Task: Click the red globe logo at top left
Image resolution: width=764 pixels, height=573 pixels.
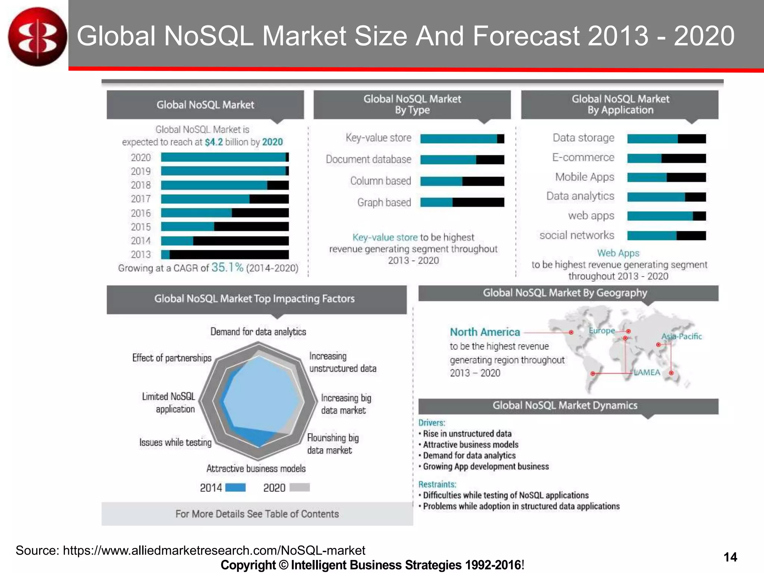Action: [37, 37]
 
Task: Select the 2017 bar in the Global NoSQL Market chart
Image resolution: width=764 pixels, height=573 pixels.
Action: [225, 199]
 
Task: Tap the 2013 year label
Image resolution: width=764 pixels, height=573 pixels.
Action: [141, 254]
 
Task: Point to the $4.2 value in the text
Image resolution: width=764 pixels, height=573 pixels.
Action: [214, 142]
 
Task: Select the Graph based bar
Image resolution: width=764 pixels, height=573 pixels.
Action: [462, 203]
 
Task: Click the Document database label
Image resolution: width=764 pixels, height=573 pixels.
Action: [368, 159]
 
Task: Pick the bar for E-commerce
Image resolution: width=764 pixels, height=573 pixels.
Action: [666, 158]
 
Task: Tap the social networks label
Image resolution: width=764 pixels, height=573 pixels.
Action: [576, 235]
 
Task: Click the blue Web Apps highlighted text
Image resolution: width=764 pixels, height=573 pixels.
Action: [618, 253]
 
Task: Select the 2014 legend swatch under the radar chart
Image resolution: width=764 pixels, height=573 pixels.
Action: [235, 487]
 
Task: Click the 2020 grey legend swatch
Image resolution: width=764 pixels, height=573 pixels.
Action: [300, 487]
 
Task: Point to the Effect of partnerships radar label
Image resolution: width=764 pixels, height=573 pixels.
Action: [172, 358]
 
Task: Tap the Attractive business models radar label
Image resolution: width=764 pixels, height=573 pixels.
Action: [256, 469]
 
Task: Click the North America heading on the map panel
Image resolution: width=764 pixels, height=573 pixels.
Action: [485, 332]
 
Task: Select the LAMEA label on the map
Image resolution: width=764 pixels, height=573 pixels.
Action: [647, 372]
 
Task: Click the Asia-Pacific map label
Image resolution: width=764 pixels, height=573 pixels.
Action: [681, 336]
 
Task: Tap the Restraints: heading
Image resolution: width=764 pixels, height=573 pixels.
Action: [437, 484]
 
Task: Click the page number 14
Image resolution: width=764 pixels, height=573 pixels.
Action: [730, 557]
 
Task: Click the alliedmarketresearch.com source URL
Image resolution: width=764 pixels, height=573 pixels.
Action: [214, 550]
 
